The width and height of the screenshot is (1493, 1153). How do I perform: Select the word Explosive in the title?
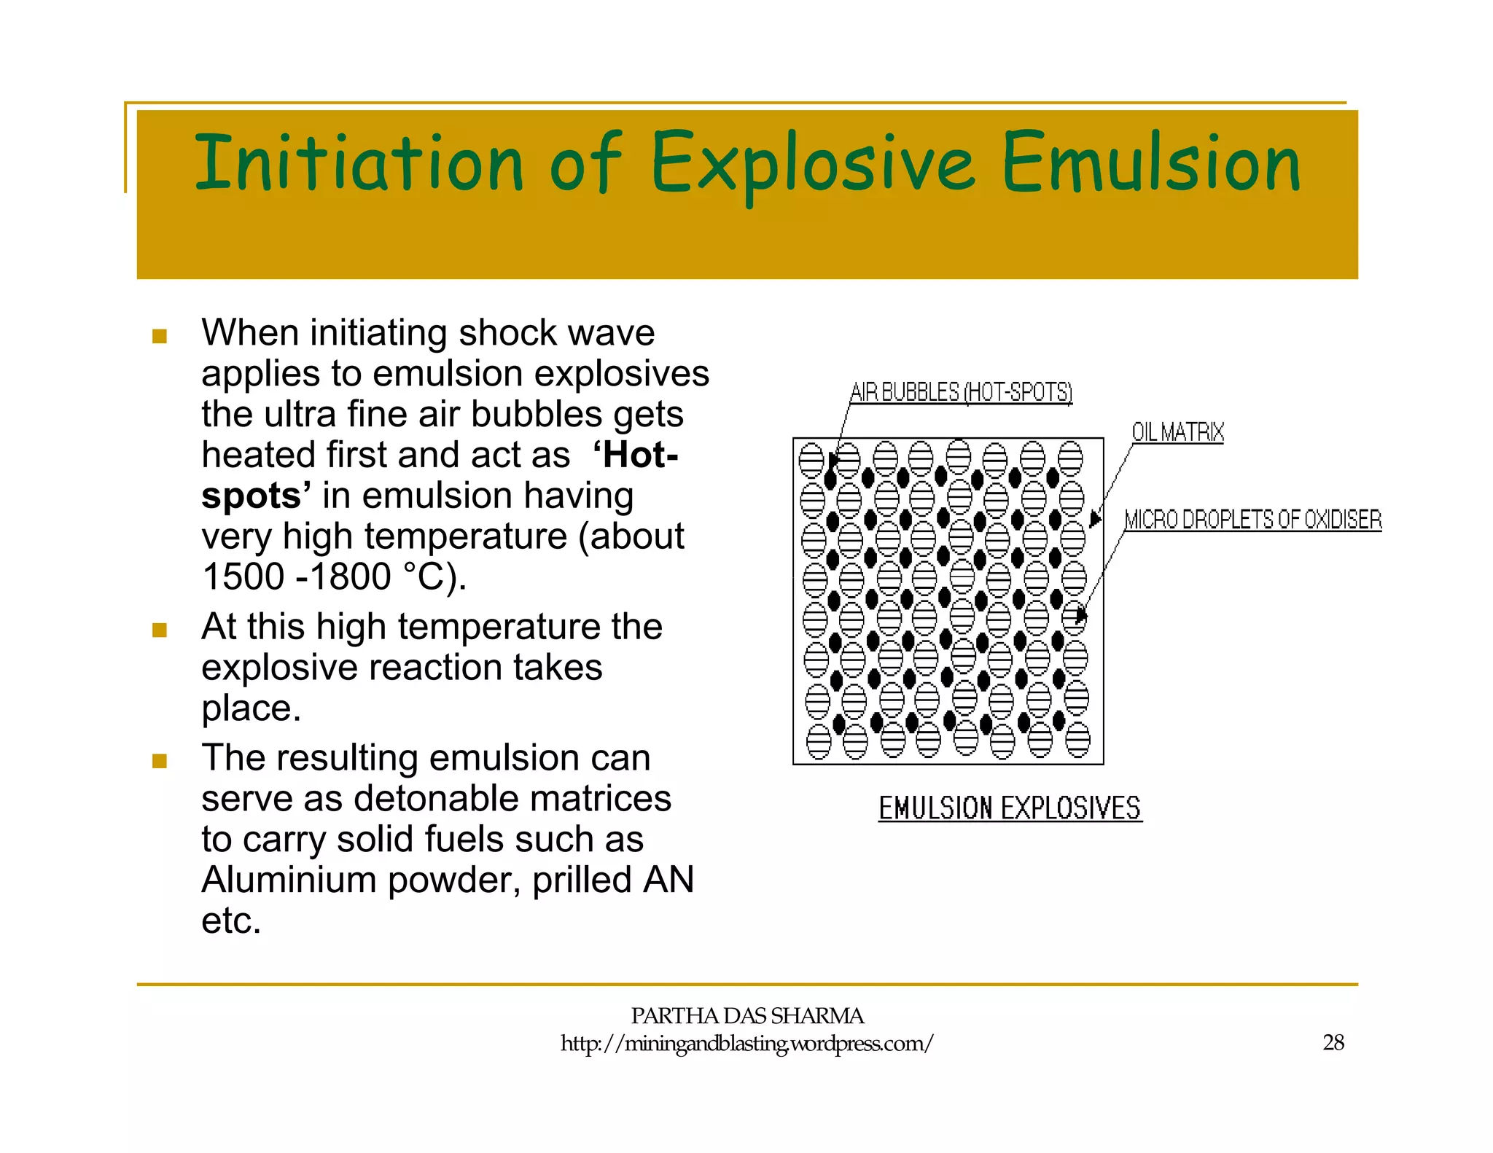coord(811,164)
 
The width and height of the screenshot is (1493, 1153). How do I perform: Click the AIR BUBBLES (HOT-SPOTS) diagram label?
coord(961,392)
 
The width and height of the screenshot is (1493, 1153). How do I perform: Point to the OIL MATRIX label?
coord(1177,432)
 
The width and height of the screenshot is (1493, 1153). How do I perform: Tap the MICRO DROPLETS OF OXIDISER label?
coord(1252,520)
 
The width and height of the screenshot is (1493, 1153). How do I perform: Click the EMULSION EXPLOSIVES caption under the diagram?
coord(1010,808)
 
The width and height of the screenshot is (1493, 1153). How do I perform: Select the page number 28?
coord(1333,1043)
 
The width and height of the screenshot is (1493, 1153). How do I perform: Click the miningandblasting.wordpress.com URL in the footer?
coord(746,1044)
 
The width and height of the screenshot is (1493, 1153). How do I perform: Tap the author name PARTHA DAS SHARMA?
coord(746,1015)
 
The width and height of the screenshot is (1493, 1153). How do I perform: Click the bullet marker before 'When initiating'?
coord(160,336)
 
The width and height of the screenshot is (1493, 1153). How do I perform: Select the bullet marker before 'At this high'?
coord(160,630)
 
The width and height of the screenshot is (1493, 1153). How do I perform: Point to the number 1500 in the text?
coord(243,576)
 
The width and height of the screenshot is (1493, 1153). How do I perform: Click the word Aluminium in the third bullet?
coord(289,880)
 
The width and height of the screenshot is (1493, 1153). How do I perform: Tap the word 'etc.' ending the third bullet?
coord(231,921)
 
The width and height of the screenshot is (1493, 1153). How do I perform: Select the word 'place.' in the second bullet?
coord(252,708)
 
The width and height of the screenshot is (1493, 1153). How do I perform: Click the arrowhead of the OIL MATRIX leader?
coord(1094,519)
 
